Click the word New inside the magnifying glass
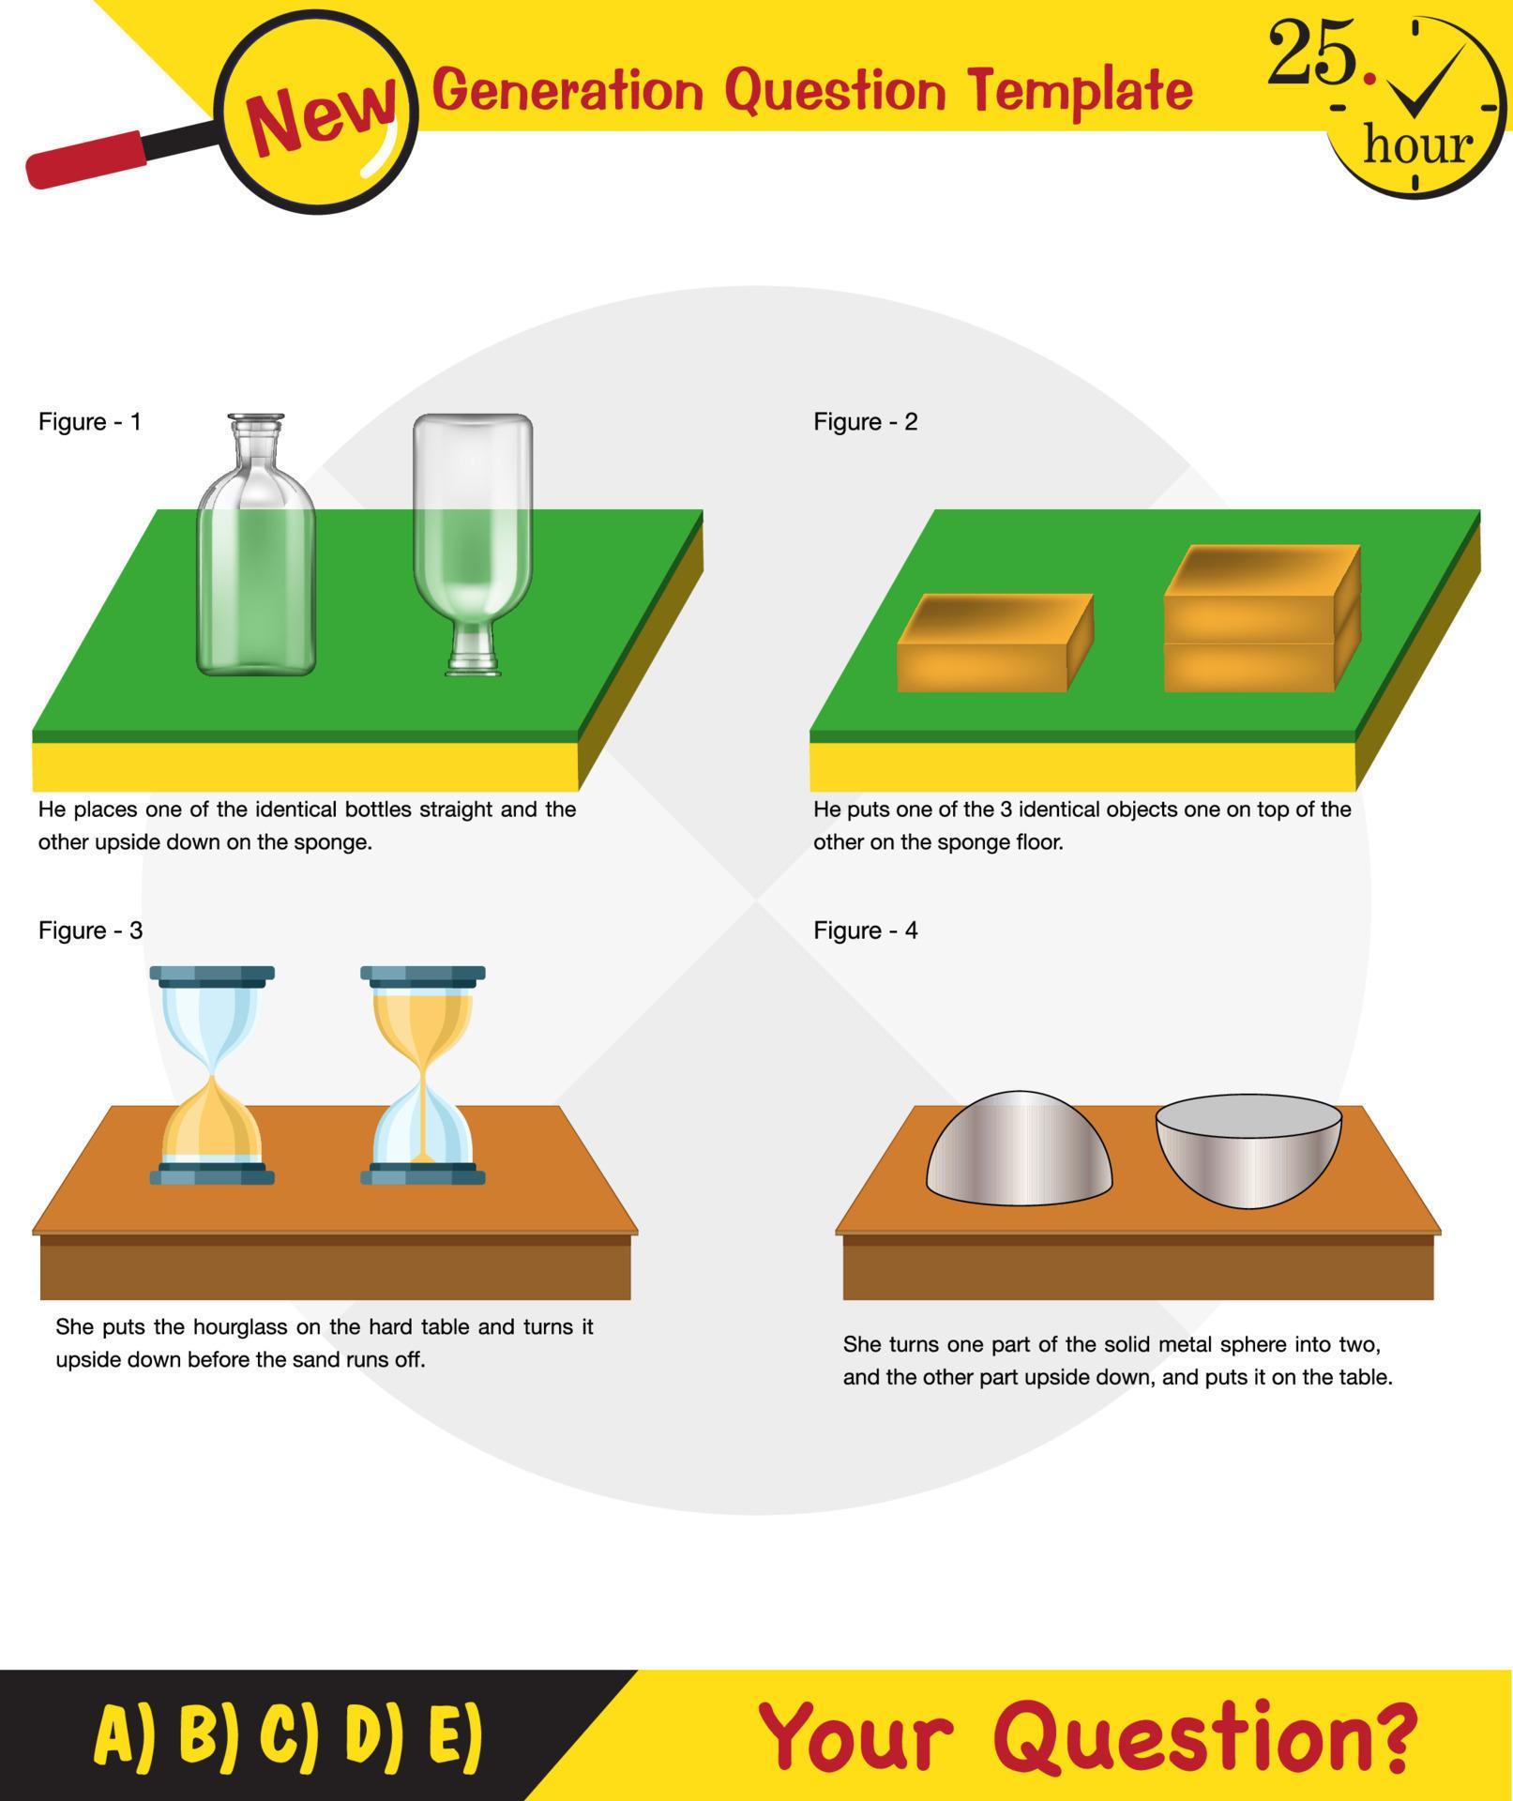pos(321,117)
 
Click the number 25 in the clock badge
pos(1311,54)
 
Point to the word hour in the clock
pos(1416,145)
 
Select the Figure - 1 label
pos(90,422)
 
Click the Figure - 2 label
pos(865,422)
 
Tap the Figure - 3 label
pos(90,931)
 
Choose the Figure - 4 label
pos(865,931)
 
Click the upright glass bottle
pos(255,553)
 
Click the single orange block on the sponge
pos(992,644)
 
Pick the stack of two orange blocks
pos(1260,619)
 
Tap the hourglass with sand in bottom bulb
pos(212,1075)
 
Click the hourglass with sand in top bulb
pos(423,1075)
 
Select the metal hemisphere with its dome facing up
pos(1019,1151)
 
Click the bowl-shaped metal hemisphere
pos(1248,1151)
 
